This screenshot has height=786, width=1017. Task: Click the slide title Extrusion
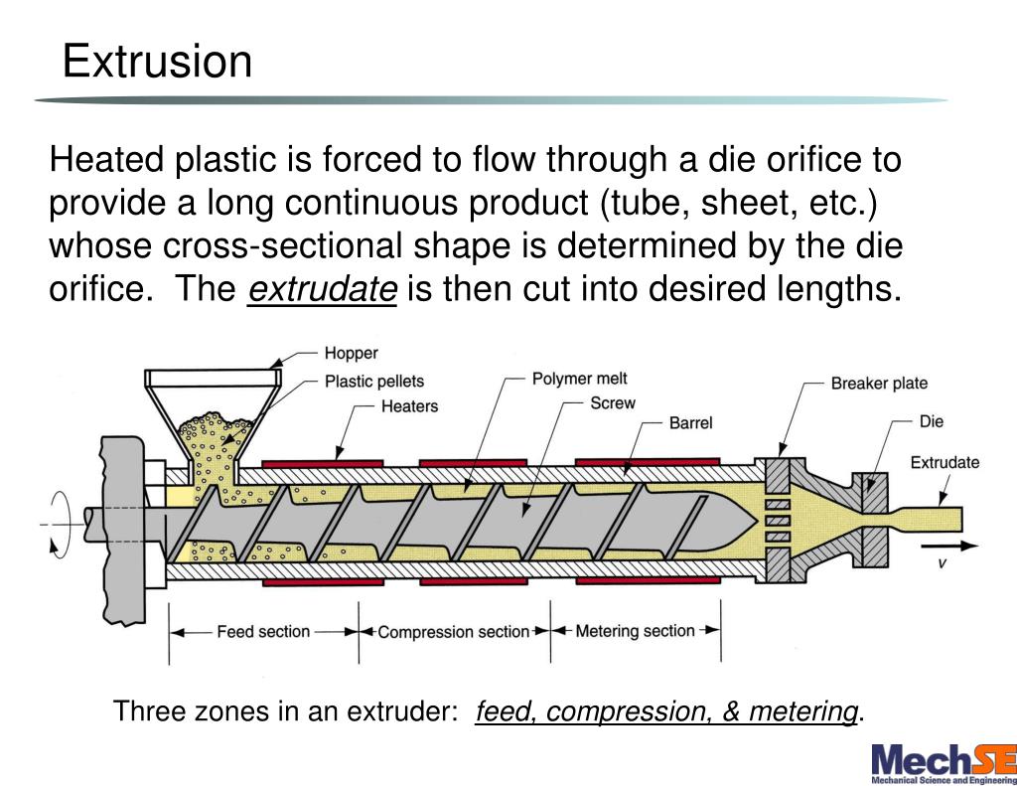tap(157, 62)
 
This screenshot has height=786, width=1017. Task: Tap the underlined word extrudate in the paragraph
tap(322, 289)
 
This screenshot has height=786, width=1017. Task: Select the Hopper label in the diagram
tap(351, 354)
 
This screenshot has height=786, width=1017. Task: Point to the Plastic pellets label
tap(374, 381)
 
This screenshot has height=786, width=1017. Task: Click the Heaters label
tap(409, 405)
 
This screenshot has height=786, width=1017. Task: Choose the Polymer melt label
tap(580, 379)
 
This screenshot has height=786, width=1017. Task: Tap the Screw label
tap(612, 402)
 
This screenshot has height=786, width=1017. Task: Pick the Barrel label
tap(690, 422)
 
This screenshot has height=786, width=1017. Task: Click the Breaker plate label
tap(879, 384)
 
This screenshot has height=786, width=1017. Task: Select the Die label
tap(931, 421)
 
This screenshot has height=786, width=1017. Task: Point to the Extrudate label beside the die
tap(944, 462)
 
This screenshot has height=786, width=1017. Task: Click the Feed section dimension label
tap(263, 631)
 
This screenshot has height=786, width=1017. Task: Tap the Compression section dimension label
tap(453, 632)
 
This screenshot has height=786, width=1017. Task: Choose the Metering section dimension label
tap(635, 631)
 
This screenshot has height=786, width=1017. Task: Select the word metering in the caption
tap(803, 711)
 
